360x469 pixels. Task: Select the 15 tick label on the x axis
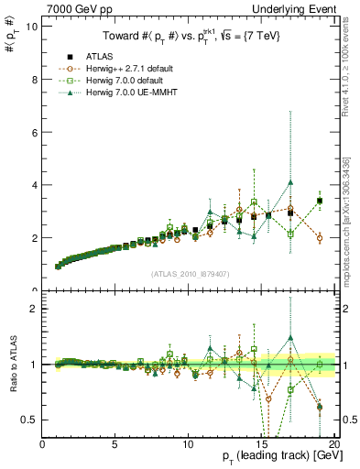click(x=261, y=444)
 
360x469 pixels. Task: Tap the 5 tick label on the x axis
click(x=115, y=444)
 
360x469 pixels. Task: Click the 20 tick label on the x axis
click(x=333, y=444)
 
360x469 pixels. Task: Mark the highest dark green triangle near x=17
click(x=290, y=181)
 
